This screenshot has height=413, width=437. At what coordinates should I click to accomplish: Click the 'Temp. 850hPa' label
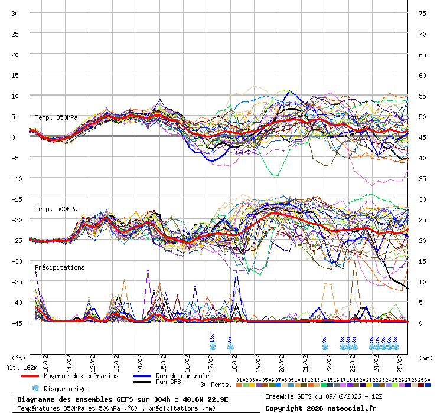(56, 117)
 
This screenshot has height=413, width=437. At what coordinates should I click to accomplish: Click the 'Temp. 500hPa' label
(56, 209)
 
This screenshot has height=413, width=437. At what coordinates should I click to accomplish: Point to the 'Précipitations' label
(60, 267)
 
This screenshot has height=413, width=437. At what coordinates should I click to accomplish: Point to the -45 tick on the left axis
(16, 323)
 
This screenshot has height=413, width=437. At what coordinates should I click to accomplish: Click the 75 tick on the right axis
(422, 13)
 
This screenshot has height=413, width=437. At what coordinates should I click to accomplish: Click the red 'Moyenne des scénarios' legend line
(37, 376)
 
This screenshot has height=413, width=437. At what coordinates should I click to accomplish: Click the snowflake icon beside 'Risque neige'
(35, 388)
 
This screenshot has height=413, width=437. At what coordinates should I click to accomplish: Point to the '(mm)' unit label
(427, 358)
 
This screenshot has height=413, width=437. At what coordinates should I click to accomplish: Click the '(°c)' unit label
(19, 358)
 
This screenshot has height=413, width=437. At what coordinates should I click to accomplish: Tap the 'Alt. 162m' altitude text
(18, 368)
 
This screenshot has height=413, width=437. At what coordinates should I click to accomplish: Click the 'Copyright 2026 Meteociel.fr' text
(321, 408)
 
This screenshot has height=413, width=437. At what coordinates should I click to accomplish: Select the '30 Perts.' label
(216, 385)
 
